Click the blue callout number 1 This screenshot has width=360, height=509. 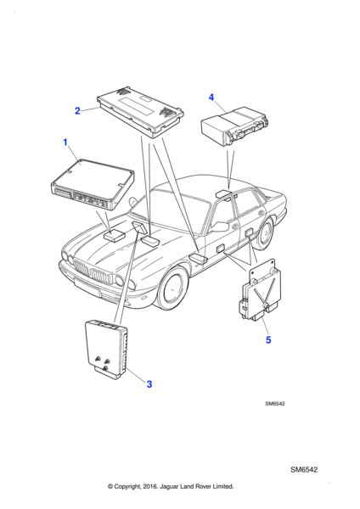[65, 143]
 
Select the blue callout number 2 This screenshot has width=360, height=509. [77, 110]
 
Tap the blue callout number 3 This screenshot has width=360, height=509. [149, 384]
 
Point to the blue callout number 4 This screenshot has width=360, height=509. [211, 97]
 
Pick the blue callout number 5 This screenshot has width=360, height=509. [268, 340]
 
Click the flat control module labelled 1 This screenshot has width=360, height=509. [93, 184]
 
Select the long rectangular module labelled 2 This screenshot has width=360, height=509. [140, 112]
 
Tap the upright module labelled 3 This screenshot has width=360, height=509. [107, 350]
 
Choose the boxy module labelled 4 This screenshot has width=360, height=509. [235, 126]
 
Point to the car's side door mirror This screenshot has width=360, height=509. [220, 227]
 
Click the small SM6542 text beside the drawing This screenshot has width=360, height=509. [275, 404]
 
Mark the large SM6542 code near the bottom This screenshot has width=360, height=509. [304, 470]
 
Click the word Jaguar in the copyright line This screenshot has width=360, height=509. [169, 487]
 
